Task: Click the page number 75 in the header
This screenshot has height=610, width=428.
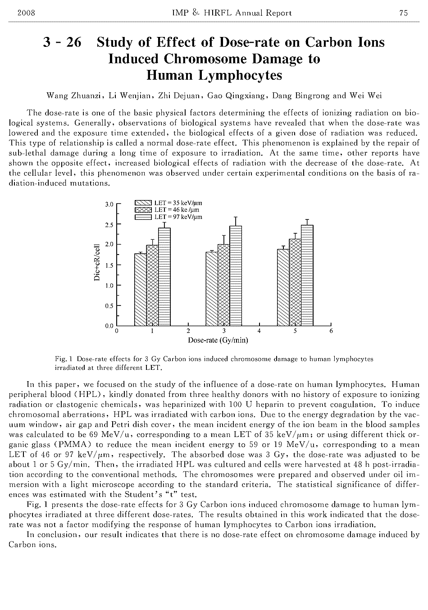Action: tap(403, 13)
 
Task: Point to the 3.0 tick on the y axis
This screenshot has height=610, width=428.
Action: tap(109, 204)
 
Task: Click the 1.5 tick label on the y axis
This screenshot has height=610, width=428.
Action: tap(109, 265)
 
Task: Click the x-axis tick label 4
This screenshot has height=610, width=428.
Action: tap(259, 331)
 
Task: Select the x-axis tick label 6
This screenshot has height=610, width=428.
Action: tap(331, 331)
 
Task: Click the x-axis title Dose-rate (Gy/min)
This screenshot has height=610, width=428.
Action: tap(218, 340)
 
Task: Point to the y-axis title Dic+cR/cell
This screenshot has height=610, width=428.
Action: tap(97, 263)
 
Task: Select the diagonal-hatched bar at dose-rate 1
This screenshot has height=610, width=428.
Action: tap(141, 289)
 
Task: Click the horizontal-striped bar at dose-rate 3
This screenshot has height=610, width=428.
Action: tap(236, 276)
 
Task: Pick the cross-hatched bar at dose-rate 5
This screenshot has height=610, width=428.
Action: tap(295, 282)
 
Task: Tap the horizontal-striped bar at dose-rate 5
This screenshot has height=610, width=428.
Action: tap(307, 275)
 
